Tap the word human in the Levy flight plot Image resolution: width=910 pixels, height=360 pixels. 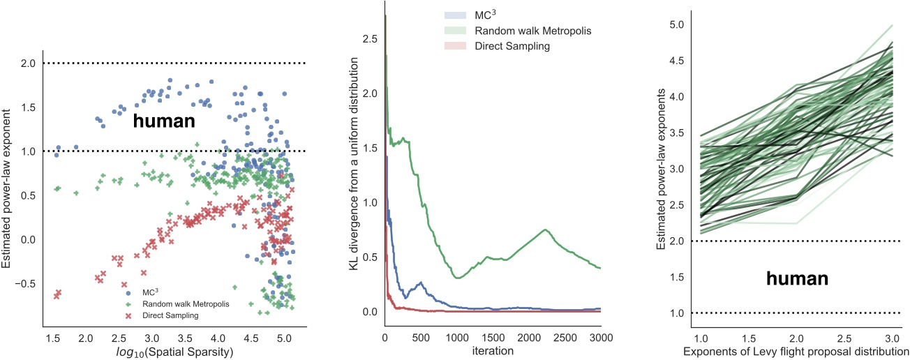(x=798, y=279)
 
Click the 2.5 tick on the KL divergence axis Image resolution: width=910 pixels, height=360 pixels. (x=371, y=39)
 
